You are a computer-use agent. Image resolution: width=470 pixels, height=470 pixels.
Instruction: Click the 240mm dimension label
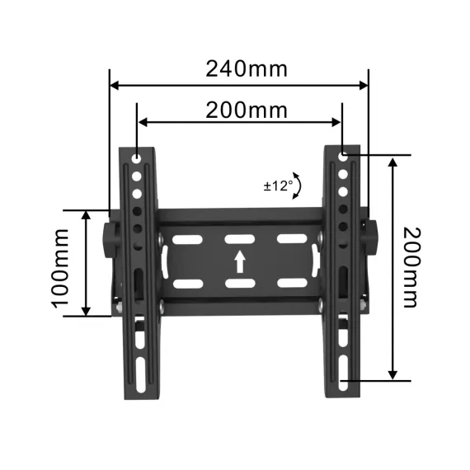(x=247, y=68)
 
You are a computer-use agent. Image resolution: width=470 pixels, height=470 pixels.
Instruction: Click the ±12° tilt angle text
(x=278, y=186)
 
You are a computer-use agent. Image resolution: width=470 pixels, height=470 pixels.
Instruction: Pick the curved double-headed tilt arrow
(x=298, y=186)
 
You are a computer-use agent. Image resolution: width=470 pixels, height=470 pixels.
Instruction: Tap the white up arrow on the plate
(x=240, y=261)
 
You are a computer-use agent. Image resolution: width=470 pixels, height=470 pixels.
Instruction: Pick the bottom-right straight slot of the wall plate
(x=291, y=284)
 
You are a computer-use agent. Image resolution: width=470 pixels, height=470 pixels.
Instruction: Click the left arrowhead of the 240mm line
(x=115, y=84)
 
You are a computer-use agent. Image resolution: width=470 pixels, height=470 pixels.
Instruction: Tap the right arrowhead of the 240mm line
(x=364, y=84)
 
